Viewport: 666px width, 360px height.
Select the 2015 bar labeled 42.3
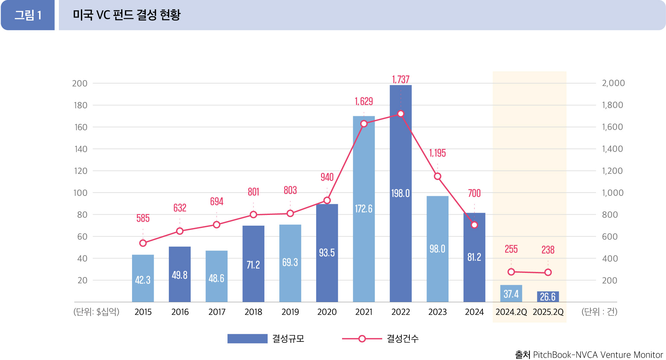coord(143,278)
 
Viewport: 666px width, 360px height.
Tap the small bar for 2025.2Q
coord(548,297)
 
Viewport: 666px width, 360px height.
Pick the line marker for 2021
coord(364,124)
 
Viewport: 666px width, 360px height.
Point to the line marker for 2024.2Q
coord(511,272)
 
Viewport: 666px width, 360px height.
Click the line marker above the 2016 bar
coord(180,231)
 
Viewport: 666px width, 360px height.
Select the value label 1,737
coord(401,79)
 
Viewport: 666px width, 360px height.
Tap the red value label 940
coord(327,177)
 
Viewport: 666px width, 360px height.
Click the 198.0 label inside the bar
coord(400,193)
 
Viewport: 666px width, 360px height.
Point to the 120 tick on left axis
coord(81,171)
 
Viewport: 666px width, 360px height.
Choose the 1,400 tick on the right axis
coord(612,149)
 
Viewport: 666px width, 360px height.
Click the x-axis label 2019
coord(290,312)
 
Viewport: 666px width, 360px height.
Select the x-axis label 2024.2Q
coord(511,312)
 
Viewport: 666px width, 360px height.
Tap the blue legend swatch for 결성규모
coord(247,339)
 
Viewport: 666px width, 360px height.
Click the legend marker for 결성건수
coord(362,339)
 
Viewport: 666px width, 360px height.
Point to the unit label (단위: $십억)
coord(96,312)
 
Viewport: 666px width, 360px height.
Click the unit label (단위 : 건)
coord(599,312)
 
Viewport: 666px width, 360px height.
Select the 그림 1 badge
coord(28,15)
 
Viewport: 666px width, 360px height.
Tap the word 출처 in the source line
coord(522,355)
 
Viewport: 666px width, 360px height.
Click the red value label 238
coord(548,250)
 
